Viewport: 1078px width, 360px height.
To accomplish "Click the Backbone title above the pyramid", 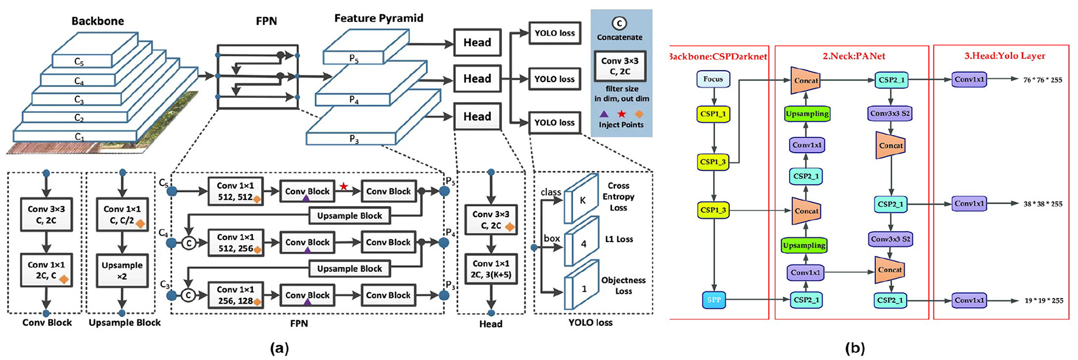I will point(97,21).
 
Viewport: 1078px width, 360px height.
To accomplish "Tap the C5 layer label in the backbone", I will point(79,62).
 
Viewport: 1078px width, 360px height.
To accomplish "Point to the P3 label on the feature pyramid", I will point(353,139).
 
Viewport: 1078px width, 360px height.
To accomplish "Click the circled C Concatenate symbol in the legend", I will point(619,24).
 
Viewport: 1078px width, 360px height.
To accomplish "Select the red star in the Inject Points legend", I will point(621,114).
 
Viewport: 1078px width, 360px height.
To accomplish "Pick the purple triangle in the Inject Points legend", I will point(603,114).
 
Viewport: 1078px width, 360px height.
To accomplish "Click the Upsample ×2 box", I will point(122,271).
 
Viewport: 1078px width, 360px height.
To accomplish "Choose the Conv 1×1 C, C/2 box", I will point(122,215).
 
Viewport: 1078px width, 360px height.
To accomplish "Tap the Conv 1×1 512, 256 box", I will point(235,243).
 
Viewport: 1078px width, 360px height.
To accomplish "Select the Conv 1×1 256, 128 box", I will point(235,295).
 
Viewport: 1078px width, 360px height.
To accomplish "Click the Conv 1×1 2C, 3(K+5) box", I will point(491,269).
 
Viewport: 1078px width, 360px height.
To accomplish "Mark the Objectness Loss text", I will point(624,285).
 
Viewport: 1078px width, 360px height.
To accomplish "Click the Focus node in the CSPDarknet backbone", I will point(713,79).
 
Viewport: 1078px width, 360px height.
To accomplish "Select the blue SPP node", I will point(714,300).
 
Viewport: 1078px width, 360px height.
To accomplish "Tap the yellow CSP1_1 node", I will point(713,113).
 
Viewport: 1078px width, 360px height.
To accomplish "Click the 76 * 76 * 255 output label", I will point(1043,80).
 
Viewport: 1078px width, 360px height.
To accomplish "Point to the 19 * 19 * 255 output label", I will point(1043,300).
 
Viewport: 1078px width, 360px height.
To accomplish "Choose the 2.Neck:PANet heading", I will point(854,56).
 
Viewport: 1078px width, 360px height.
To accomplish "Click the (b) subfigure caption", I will point(855,348).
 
